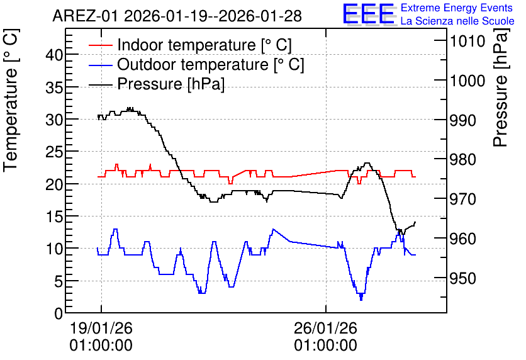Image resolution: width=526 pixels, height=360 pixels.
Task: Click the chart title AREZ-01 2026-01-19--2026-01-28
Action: click(x=177, y=16)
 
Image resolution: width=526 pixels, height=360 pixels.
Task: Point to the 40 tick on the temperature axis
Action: click(x=54, y=55)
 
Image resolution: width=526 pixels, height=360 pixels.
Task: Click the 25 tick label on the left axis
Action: click(x=54, y=152)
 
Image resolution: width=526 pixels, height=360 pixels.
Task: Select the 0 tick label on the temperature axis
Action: click(x=59, y=313)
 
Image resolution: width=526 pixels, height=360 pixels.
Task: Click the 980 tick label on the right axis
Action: click(x=463, y=159)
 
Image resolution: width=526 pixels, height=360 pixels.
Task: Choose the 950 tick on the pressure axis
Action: click(x=463, y=278)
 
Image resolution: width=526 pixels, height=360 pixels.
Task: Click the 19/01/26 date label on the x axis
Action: click(x=101, y=328)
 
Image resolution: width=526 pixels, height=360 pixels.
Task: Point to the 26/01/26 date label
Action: click(x=326, y=328)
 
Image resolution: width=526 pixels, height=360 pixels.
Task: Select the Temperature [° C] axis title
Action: click(x=11, y=100)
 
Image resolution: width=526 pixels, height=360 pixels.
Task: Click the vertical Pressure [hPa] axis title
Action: click(x=501, y=87)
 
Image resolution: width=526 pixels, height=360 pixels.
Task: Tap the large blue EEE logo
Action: click(x=369, y=14)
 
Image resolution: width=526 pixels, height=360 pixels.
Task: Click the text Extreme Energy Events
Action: click(x=457, y=8)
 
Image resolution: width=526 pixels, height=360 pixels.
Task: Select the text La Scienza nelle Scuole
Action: click(x=457, y=21)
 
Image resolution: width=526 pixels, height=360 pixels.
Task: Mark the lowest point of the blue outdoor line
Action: click(x=361, y=300)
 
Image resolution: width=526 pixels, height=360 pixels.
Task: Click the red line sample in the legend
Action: click(x=100, y=45)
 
